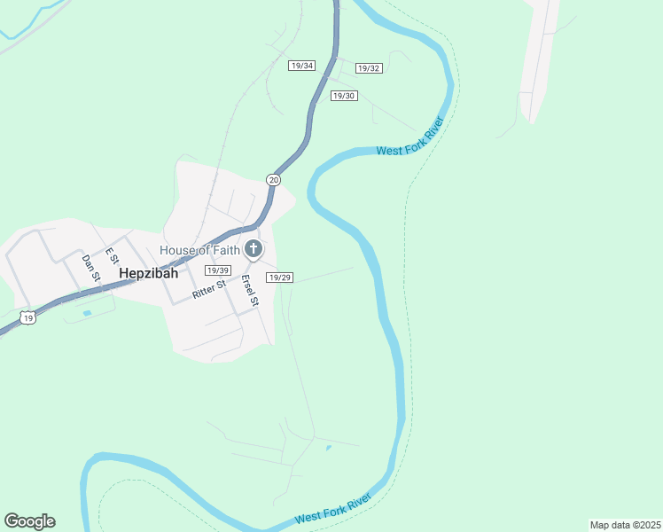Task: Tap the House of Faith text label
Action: (x=200, y=249)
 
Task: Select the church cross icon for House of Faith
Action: (x=253, y=249)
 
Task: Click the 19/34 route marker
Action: (x=302, y=66)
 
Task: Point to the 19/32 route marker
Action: (x=369, y=68)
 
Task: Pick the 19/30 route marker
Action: (x=344, y=96)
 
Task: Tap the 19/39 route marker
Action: (x=217, y=270)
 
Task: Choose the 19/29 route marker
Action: (x=280, y=278)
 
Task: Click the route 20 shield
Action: (x=273, y=180)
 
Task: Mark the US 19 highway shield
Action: (x=29, y=317)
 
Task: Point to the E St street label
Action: (x=113, y=255)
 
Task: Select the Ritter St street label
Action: (x=209, y=289)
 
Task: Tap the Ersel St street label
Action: (x=250, y=291)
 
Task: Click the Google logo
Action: (x=29, y=521)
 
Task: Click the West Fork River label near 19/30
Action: (x=409, y=139)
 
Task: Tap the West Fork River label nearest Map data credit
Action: (x=332, y=511)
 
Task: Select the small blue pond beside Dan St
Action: (x=86, y=313)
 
